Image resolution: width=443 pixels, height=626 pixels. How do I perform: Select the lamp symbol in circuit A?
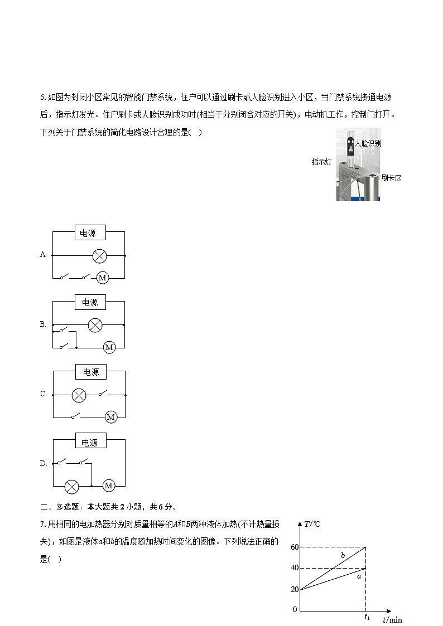[99, 256]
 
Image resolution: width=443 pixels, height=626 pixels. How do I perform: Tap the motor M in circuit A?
[102, 278]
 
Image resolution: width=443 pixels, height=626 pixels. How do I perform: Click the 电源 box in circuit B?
[90, 302]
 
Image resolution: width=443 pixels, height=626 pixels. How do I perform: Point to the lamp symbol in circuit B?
[95, 325]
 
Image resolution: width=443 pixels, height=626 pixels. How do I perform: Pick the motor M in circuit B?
[109, 347]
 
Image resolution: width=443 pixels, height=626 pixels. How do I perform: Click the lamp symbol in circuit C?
[79, 395]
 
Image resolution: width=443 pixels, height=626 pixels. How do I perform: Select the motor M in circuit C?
[110, 417]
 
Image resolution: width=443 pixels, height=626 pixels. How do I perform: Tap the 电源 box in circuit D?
[90, 443]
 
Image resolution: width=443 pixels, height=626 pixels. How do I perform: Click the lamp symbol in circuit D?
[71, 486]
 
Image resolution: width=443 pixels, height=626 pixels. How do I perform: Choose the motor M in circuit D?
[109, 486]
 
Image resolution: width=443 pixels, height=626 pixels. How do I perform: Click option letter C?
[43, 394]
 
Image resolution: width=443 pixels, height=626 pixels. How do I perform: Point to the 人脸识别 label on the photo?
[368, 143]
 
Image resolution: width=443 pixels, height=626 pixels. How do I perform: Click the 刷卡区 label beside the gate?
[391, 178]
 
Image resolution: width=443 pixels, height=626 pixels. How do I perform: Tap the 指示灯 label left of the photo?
[322, 162]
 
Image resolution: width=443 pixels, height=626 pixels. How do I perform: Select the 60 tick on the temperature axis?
[295, 547]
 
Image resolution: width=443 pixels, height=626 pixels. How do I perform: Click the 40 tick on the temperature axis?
[295, 568]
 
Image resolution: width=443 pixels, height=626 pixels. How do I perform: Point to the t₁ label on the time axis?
[367, 617]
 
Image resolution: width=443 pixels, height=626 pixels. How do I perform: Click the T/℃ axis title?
[312, 524]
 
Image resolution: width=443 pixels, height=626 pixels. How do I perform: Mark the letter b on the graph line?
[343, 556]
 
